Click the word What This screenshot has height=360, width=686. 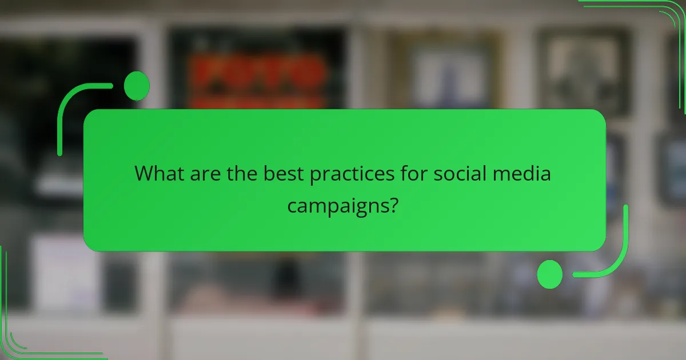click(159, 173)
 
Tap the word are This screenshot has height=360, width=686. click(206, 173)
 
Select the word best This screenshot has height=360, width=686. click(284, 173)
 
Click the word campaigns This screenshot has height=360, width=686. click(336, 206)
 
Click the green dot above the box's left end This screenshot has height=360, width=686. click(137, 86)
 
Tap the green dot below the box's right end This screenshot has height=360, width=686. click(550, 274)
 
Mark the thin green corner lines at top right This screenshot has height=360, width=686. click(657, 23)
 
